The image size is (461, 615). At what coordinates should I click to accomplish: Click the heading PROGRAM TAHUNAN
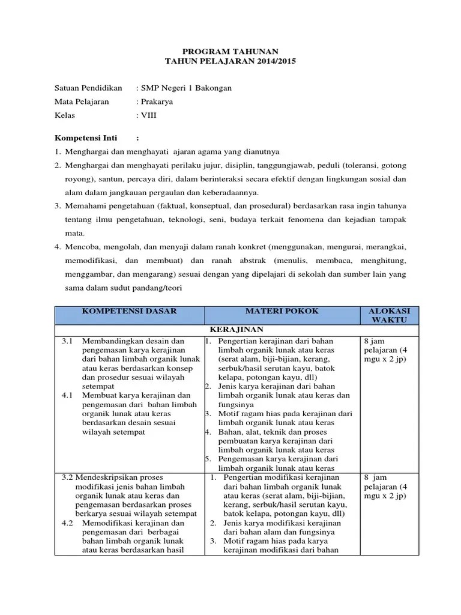pyautogui.click(x=230, y=52)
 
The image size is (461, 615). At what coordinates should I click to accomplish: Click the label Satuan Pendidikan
pyautogui.click(x=88, y=88)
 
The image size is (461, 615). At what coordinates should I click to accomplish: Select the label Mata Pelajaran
pyautogui.click(x=82, y=101)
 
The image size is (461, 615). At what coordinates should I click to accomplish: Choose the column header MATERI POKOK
pyautogui.click(x=282, y=311)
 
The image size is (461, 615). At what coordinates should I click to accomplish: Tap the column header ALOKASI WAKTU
pyautogui.click(x=389, y=315)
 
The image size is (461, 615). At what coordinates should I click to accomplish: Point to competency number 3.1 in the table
pyautogui.click(x=67, y=341)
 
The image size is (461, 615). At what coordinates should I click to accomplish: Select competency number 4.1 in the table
pyautogui.click(x=67, y=395)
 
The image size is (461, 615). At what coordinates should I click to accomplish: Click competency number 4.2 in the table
pyautogui.click(x=67, y=523)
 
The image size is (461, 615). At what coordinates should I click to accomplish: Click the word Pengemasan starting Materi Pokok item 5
pyautogui.click(x=238, y=459)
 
